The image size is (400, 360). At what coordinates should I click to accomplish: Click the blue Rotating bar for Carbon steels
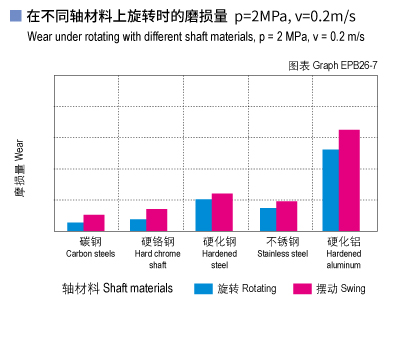point(75,227)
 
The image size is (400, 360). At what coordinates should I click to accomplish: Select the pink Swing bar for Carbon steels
point(94,223)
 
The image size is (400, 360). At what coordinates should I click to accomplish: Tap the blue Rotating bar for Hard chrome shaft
point(138,225)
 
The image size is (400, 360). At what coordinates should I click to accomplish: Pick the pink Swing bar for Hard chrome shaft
point(157,220)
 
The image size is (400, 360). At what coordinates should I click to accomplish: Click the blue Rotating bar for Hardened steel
point(203,215)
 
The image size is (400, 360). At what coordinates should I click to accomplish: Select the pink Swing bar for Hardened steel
point(222,212)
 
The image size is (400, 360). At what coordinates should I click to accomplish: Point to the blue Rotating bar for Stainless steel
point(268,219)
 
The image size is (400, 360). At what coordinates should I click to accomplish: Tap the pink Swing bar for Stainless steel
point(287,216)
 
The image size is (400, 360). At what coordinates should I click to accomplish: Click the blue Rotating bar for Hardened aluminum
point(331,190)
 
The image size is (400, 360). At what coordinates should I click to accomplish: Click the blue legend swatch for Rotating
point(204,288)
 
